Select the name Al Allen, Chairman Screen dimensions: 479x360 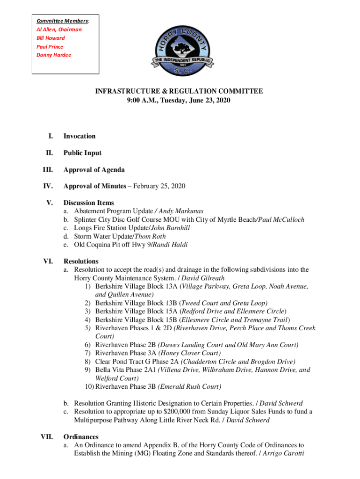point(59,29)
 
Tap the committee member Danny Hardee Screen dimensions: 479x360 point(54,55)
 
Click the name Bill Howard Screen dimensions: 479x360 point(50,38)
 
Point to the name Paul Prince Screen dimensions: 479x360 point(50,47)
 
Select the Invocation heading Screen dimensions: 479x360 point(79,136)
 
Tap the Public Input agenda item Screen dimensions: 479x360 point(82,153)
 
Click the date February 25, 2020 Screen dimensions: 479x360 point(159,186)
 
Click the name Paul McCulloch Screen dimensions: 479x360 point(280,220)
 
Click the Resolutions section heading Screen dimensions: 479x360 point(81,261)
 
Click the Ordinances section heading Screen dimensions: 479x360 point(81,436)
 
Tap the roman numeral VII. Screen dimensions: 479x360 point(46,436)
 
